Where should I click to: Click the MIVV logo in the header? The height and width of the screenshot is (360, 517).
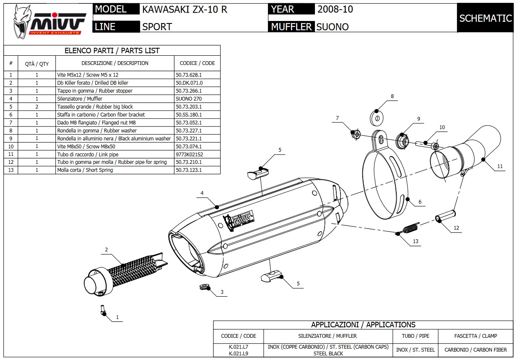47,20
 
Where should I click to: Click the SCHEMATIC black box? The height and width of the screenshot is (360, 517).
485,18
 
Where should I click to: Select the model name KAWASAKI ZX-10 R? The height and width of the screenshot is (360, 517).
184,9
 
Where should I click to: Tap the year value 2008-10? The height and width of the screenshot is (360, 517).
335,9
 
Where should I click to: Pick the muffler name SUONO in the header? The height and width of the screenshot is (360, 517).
332,27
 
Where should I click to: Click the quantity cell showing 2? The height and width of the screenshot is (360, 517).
36,107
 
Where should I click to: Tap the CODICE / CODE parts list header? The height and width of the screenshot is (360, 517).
197,63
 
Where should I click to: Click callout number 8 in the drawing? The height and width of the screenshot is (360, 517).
392,96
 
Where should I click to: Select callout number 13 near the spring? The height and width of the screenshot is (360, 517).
416,241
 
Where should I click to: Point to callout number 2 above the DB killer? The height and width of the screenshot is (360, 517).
106,250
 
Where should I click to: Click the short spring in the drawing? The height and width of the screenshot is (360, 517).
408,229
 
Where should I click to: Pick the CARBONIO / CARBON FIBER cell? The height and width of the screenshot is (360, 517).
475,350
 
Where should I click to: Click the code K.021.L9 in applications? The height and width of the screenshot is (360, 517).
238,353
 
